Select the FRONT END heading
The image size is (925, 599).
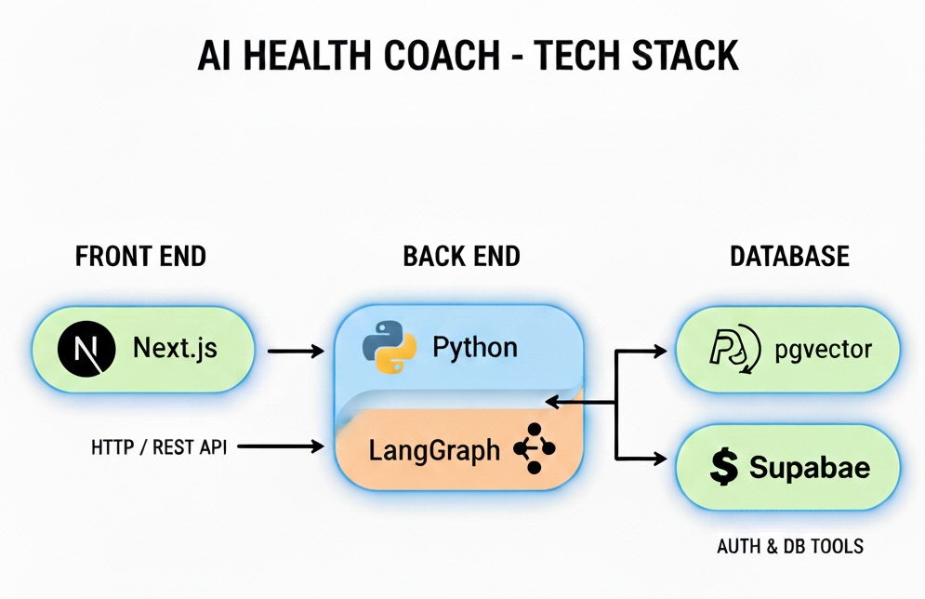click(x=140, y=257)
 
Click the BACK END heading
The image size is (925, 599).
click(x=461, y=257)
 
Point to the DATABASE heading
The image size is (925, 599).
click(x=789, y=257)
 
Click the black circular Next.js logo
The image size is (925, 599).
click(x=86, y=350)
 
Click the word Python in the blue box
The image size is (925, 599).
click(x=474, y=348)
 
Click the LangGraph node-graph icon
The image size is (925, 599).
click(x=533, y=449)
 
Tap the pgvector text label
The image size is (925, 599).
click(x=824, y=351)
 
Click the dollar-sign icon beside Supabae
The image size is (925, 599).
click(x=722, y=467)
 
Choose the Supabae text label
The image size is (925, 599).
click(x=810, y=467)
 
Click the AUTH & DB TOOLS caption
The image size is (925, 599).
click(x=789, y=546)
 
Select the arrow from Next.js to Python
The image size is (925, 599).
click(x=296, y=352)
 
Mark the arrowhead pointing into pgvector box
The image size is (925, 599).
click(x=661, y=351)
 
